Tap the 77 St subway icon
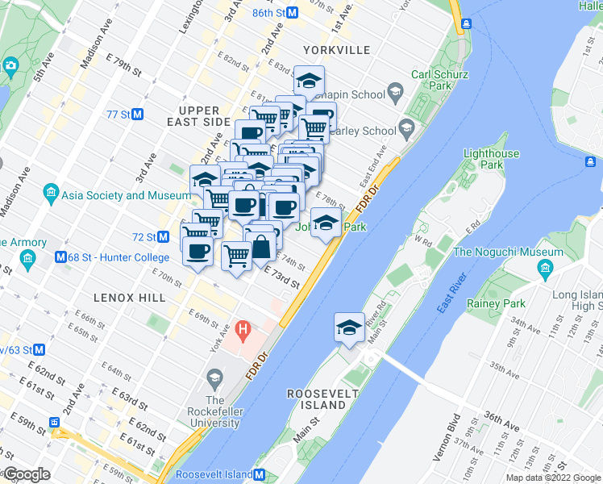(x=139, y=115)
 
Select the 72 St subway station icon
(x=163, y=237)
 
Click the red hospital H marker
(x=243, y=331)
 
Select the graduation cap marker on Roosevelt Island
(x=348, y=328)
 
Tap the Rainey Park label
(x=496, y=304)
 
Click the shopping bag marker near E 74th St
(x=262, y=247)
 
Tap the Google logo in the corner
(x=27, y=474)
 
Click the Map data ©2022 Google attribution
(x=552, y=478)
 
